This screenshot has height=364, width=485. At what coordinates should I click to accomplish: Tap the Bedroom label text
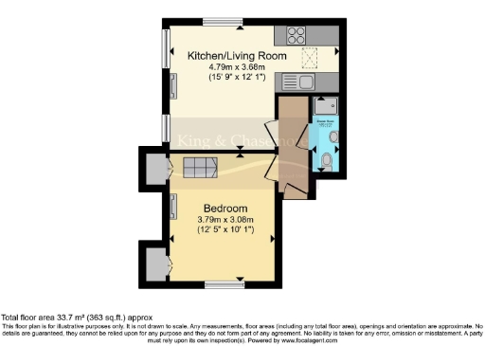225,209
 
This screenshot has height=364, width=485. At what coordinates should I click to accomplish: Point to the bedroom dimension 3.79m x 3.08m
225,220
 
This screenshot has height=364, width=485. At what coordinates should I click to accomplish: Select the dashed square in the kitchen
308,61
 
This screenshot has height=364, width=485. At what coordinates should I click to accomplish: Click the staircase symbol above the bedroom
200,168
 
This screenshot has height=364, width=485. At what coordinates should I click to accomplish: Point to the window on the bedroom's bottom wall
225,283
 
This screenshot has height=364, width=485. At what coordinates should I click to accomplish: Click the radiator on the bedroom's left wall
174,203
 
